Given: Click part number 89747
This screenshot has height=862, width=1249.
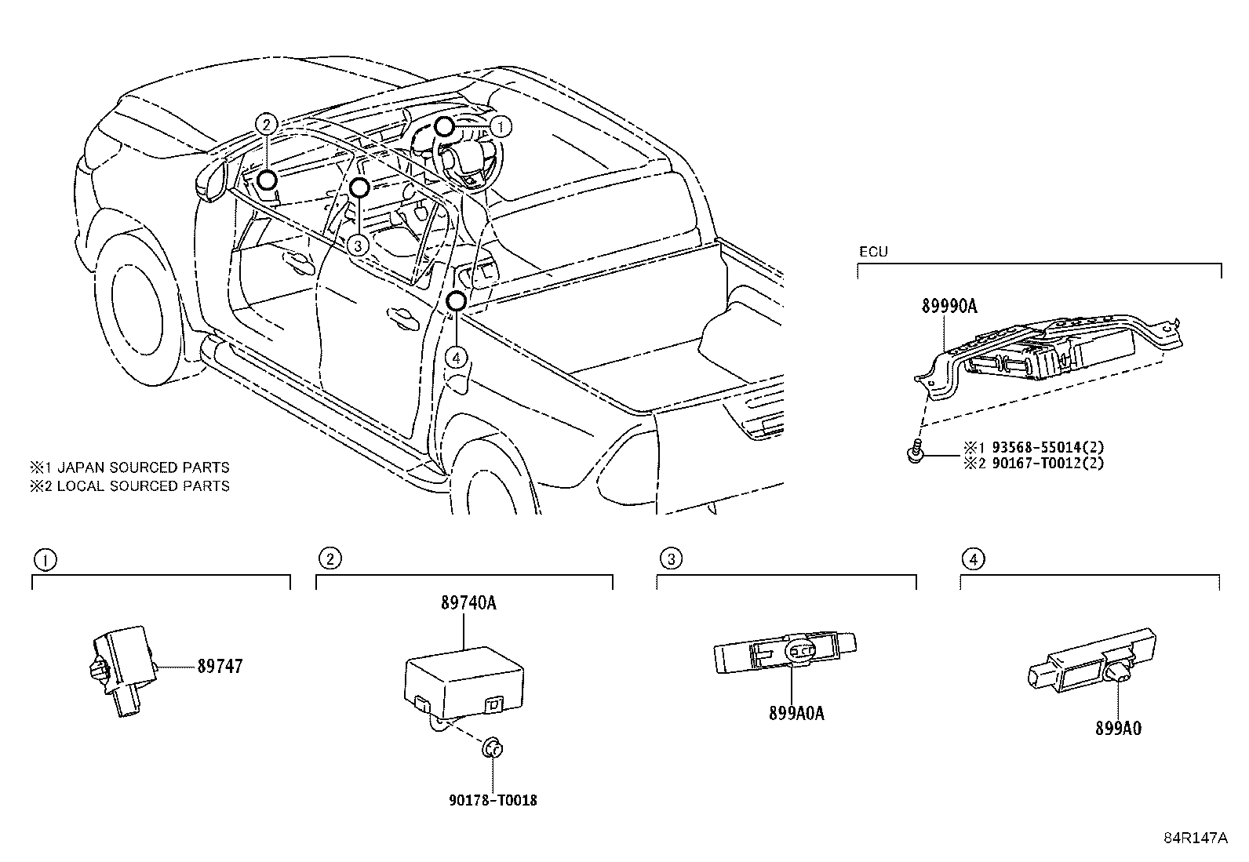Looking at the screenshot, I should [220, 666].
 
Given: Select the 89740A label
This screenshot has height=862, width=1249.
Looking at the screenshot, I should [468, 603].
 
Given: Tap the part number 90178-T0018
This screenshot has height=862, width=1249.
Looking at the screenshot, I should [493, 801].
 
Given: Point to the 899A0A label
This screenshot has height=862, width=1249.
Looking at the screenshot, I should [797, 714].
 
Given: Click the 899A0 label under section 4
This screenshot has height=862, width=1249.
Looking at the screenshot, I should [1118, 729].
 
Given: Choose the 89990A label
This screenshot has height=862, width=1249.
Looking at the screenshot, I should [949, 307].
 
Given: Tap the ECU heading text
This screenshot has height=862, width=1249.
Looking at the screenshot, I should [872, 253].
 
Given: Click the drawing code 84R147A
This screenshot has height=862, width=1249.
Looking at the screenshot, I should [1194, 838].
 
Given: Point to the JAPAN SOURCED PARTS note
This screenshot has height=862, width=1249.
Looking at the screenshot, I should [130, 467].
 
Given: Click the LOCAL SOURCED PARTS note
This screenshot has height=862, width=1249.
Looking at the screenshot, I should [130, 486].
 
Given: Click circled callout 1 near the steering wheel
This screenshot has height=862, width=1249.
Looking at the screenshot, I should [502, 126].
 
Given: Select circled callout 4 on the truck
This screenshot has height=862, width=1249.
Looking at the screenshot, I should [457, 358].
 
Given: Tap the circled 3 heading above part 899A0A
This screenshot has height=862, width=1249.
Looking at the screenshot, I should [671, 558].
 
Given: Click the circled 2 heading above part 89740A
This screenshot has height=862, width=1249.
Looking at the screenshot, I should [330, 558].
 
